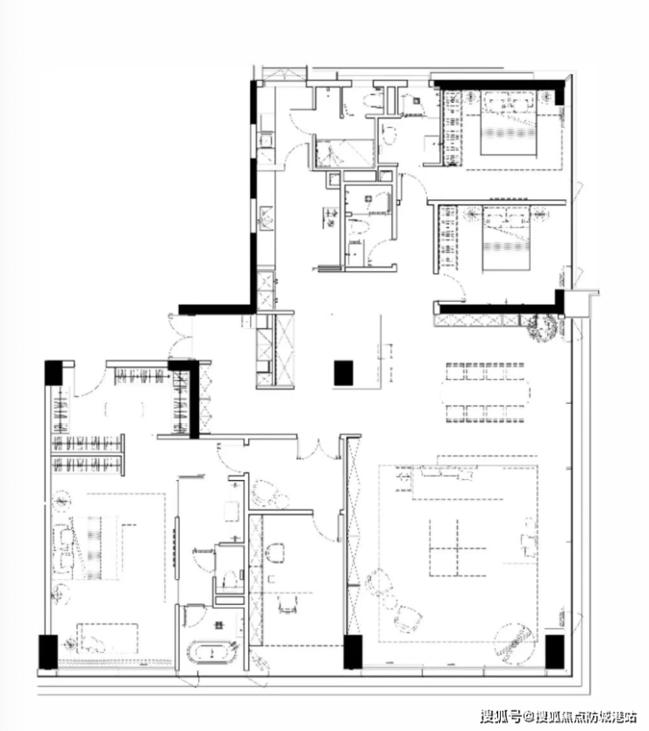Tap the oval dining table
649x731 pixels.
click(485, 392)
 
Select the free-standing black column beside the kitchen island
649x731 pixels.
click(344, 373)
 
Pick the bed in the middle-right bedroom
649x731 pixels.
click(506, 239)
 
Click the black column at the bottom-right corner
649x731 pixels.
click(555, 651)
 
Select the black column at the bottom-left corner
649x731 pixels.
click(48, 652)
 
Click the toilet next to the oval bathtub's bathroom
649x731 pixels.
click(228, 579)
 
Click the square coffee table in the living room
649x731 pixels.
click(458, 548)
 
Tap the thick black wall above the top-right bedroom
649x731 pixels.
click(501, 85)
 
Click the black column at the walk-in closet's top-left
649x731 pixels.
click(54, 372)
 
